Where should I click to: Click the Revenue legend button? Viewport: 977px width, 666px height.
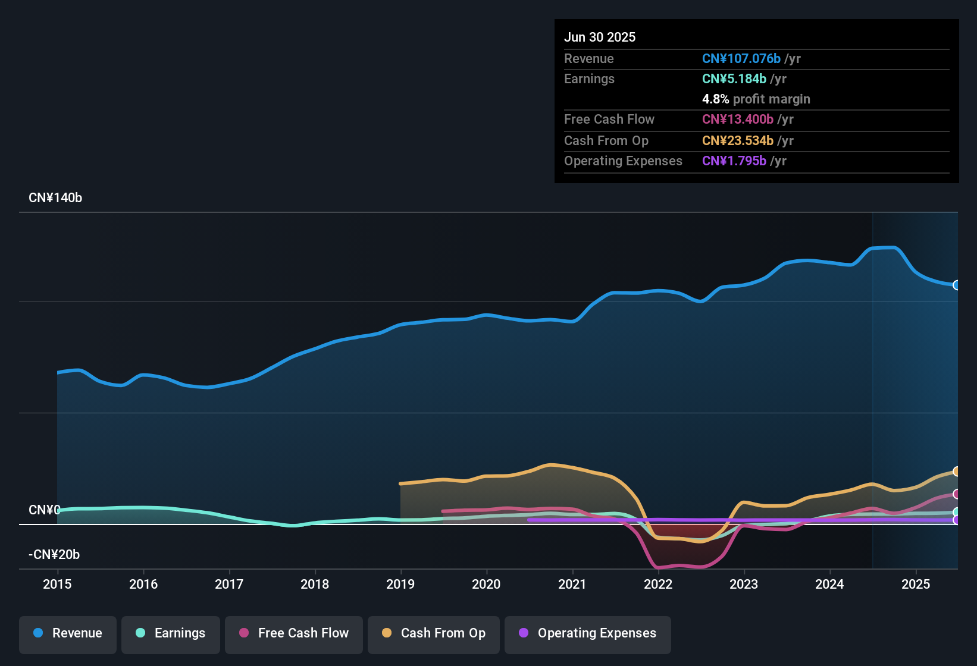click(68, 633)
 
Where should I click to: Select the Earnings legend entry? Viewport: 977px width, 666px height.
click(171, 633)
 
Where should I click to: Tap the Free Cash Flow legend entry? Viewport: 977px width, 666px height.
click(294, 633)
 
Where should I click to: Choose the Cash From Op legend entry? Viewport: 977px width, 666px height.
click(434, 633)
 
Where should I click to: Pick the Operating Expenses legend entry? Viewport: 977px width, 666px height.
click(588, 633)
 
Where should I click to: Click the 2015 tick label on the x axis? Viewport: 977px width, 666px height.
click(57, 584)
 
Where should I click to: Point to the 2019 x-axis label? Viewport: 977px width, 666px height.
click(400, 584)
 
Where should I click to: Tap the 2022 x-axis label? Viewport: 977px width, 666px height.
click(658, 584)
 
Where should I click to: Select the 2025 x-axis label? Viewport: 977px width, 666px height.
click(916, 584)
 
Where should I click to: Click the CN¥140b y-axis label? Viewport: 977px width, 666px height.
click(55, 198)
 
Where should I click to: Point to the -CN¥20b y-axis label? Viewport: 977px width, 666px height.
click(54, 555)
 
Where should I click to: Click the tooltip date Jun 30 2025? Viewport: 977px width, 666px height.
click(600, 37)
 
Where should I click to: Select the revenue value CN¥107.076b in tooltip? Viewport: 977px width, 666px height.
click(741, 59)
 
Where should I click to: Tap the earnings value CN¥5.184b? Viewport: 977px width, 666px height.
click(734, 79)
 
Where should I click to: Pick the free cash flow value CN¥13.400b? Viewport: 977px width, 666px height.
click(737, 120)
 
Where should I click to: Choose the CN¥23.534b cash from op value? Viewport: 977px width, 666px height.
click(737, 141)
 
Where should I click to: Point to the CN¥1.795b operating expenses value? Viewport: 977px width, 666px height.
click(734, 161)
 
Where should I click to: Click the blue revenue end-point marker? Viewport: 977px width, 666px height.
click(956, 285)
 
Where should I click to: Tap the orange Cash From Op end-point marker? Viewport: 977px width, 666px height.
click(956, 472)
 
